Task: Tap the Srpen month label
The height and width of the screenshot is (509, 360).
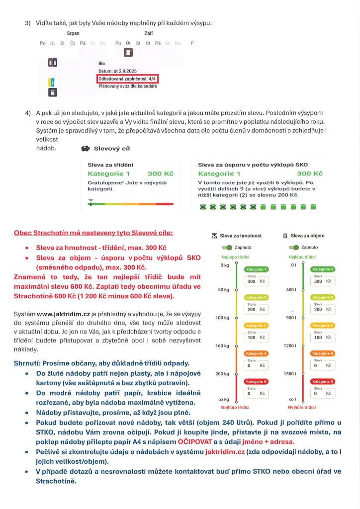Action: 73,33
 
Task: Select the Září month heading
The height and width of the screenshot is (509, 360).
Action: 149,33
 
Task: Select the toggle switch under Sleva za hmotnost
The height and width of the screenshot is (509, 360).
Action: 227,247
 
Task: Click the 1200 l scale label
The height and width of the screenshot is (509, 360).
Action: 290,345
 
